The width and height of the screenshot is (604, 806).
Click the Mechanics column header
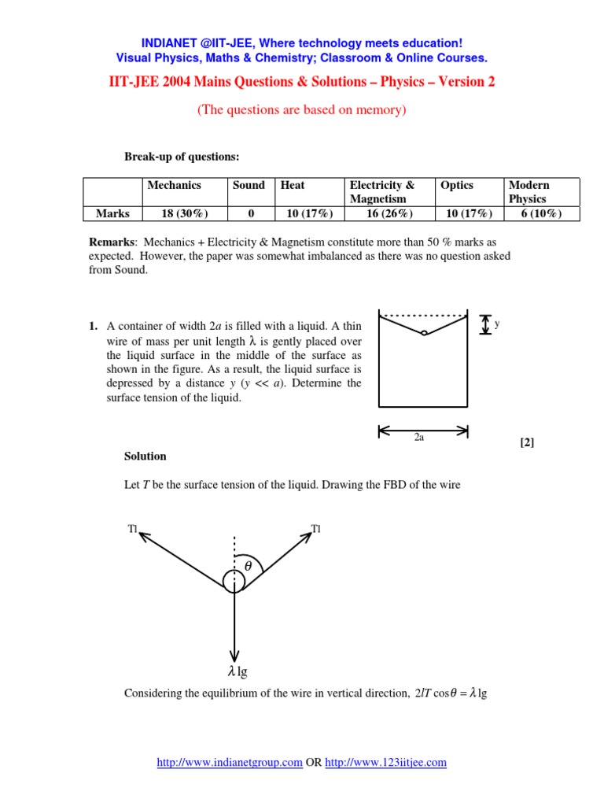[x=174, y=185]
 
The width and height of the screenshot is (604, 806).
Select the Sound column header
[x=249, y=185]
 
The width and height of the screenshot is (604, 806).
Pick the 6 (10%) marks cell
[x=542, y=213]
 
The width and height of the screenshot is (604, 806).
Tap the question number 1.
[x=92, y=326]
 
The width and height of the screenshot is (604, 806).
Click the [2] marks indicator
[x=526, y=442]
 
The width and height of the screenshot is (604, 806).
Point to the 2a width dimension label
[x=419, y=438]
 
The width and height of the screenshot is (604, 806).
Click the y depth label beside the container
[x=497, y=324]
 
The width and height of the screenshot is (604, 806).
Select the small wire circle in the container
[x=424, y=333]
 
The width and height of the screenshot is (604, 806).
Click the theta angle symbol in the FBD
[x=249, y=566]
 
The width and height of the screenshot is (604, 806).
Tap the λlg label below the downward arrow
[x=237, y=671]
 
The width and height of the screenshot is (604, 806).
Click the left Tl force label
[x=132, y=529]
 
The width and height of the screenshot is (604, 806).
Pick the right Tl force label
[x=316, y=528]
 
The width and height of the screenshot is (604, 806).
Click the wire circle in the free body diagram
[x=234, y=582]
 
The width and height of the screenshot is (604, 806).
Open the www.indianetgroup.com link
[x=230, y=762]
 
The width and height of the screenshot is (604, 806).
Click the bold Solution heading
[x=145, y=457]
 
